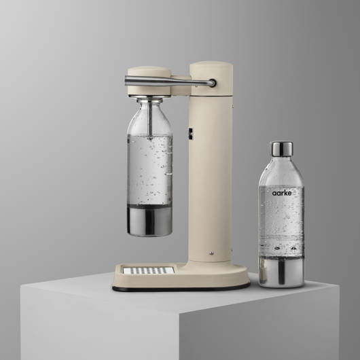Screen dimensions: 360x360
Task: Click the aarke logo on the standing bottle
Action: tap(282, 193)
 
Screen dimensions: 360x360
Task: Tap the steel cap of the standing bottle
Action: tap(281, 149)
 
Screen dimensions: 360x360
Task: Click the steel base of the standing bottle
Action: tap(281, 272)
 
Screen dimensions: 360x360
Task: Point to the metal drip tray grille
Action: tap(149, 270)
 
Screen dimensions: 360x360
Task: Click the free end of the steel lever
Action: tap(126, 81)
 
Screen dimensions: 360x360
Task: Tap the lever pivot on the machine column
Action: tap(213, 83)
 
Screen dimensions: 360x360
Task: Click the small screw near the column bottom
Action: tap(211, 253)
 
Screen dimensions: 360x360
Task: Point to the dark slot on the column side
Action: tap(190, 133)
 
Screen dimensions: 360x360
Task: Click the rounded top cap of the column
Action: tap(211, 66)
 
